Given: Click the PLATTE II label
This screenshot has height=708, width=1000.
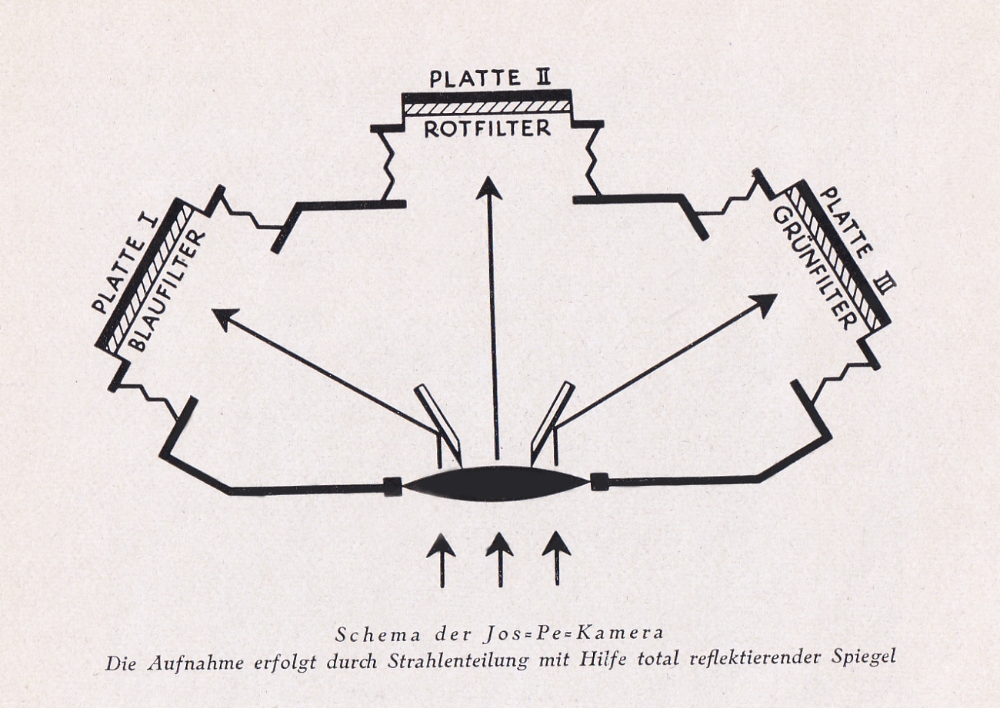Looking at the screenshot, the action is coord(490,78).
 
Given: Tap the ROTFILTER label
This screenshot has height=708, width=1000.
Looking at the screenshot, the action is coord(487,129).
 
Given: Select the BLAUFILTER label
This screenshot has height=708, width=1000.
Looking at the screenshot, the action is coord(168,291).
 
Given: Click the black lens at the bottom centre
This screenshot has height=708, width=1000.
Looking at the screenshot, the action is coord(496,484).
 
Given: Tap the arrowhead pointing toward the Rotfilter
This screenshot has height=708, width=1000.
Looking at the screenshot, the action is coord(488,188).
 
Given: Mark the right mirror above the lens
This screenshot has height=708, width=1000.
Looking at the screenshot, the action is coord(552,421).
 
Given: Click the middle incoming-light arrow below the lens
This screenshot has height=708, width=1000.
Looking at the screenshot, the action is coord(499,559).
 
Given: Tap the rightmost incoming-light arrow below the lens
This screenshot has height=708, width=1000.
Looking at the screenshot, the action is coord(556,557).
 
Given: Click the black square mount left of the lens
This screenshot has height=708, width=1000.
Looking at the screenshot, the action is coord(393,486).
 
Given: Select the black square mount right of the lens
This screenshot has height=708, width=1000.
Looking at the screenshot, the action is coord(598,482).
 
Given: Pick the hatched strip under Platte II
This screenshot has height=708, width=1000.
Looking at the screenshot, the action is coord(487,107).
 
